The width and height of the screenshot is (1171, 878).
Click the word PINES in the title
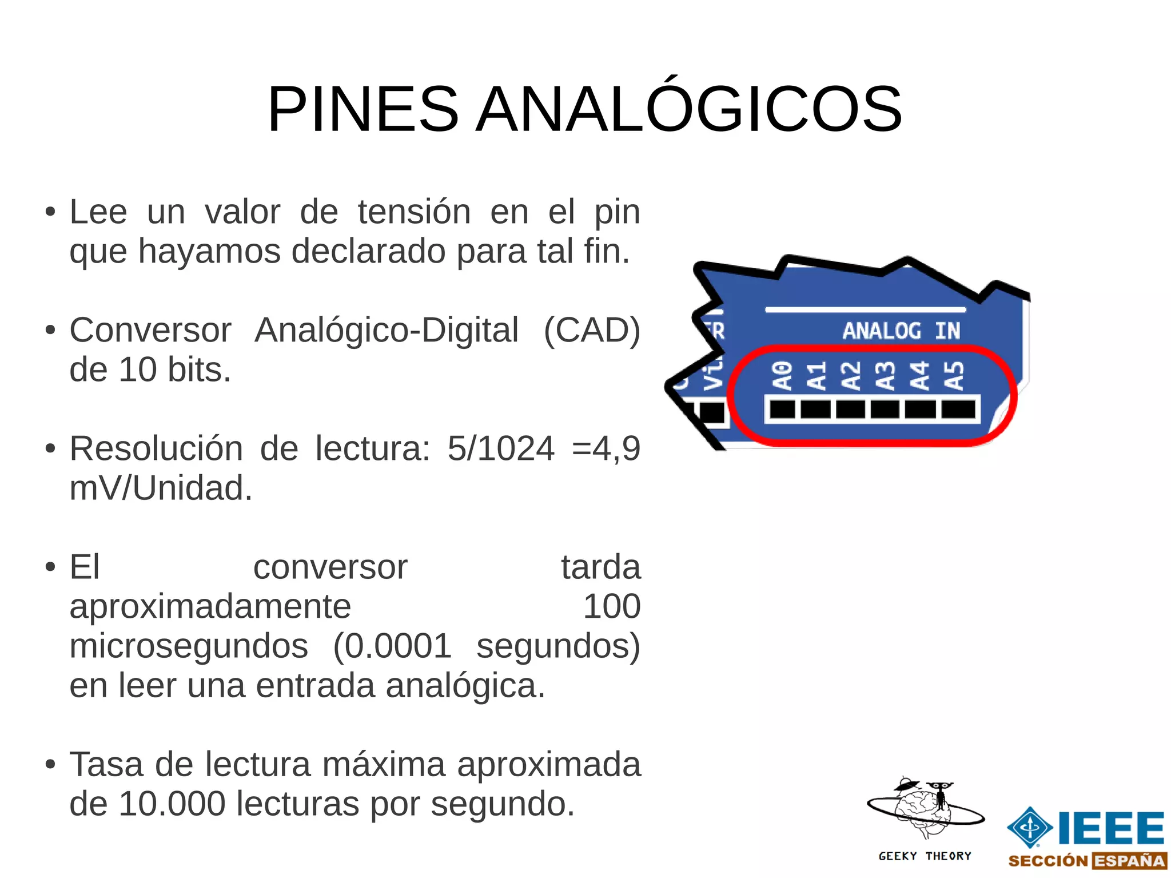[363, 109]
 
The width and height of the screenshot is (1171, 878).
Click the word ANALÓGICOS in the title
[688, 109]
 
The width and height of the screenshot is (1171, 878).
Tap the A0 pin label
[782, 376]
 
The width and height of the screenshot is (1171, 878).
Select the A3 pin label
[886, 376]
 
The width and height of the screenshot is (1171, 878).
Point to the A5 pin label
[954, 376]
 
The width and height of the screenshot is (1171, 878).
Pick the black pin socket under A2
[850, 410]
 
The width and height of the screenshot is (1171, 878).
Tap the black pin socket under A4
[920, 410]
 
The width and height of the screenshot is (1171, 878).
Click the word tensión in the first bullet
[414, 212]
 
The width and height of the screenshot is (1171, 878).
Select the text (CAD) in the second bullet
[592, 330]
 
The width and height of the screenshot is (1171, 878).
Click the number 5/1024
[501, 448]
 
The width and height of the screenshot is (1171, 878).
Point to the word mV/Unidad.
[161, 488]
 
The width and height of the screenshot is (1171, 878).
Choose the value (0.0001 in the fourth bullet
[392, 646]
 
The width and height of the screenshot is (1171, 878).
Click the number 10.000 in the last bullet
[172, 804]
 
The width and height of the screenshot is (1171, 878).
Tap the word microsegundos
[189, 646]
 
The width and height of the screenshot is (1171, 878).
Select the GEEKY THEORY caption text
[925, 856]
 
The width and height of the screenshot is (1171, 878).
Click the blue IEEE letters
[1111, 828]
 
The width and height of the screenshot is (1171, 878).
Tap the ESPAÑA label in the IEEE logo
[1129, 861]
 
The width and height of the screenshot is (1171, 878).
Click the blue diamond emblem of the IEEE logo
[1030, 827]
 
